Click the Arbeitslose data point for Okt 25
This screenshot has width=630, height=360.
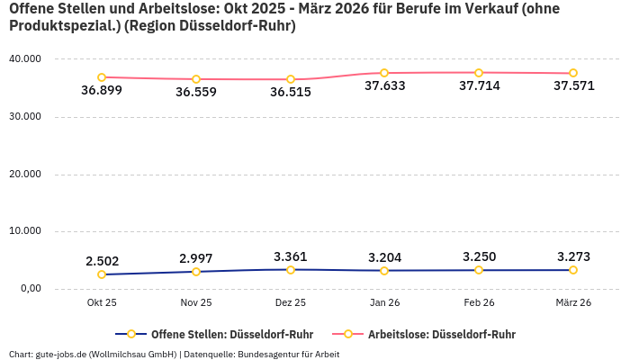point(102,77)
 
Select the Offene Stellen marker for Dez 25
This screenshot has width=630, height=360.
point(291,270)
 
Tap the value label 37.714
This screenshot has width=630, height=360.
point(479,86)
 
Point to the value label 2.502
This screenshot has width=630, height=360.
point(102,261)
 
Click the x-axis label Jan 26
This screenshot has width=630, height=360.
point(384,302)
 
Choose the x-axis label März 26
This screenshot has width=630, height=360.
point(573,302)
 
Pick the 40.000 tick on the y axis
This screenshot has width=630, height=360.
point(24,59)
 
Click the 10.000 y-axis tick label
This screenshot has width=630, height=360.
point(24,231)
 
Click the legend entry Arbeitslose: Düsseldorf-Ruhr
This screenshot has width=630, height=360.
point(441,334)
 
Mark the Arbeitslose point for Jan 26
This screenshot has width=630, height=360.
point(384,73)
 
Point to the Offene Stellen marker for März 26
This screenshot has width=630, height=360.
point(573,270)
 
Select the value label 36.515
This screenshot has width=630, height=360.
point(291,92)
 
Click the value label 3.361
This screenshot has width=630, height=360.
point(291,256)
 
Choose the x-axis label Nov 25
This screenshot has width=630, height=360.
point(196,302)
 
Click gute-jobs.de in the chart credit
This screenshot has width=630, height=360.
point(61,354)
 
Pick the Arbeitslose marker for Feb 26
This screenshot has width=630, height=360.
point(479,73)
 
